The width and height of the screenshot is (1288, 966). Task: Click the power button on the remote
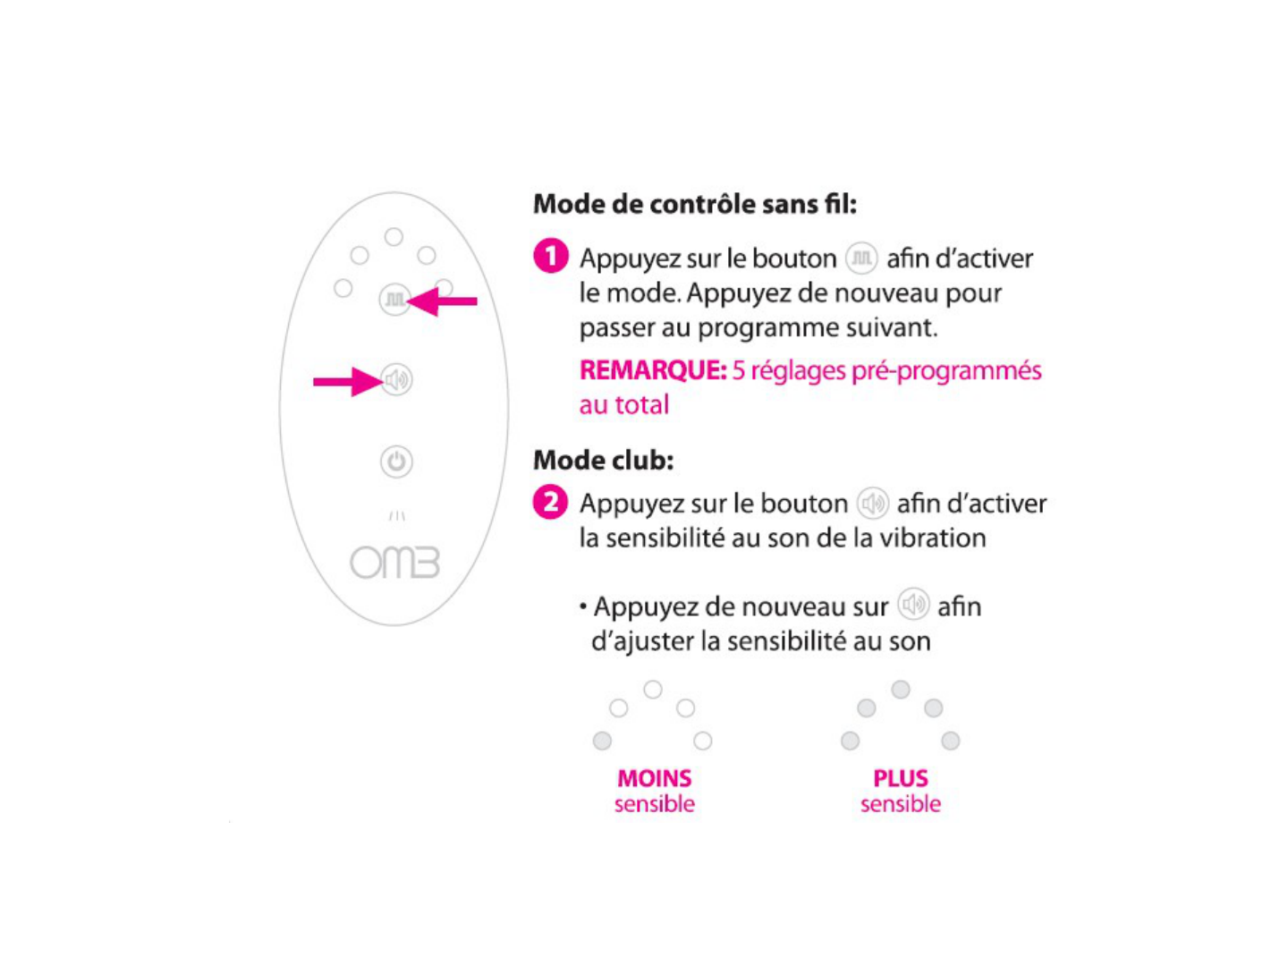tap(396, 462)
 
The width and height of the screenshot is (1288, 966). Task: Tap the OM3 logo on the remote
tap(394, 563)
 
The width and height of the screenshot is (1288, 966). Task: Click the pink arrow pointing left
tap(443, 301)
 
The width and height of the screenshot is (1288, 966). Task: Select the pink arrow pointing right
tap(347, 382)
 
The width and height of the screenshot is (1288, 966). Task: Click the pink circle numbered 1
tap(551, 257)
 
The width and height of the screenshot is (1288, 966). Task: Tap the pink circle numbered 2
tap(551, 502)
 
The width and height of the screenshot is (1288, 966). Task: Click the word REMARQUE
tap(652, 370)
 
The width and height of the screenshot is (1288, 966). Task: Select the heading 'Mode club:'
tap(603, 460)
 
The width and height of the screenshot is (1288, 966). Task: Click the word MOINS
tap(654, 778)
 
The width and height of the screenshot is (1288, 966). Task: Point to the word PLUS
tap(901, 778)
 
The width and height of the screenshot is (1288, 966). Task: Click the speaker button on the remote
tap(396, 380)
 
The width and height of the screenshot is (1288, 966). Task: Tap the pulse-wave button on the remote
tap(394, 299)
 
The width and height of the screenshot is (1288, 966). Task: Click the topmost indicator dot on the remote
tap(394, 236)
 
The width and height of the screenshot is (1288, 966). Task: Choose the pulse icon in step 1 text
tap(861, 258)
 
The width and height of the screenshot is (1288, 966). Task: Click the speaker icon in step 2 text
tap(872, 504)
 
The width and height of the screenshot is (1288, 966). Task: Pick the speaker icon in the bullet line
tap(913, 606)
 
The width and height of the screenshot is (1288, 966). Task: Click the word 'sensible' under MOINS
tap(654, 804)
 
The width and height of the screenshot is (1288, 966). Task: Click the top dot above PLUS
tap(901, 689)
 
